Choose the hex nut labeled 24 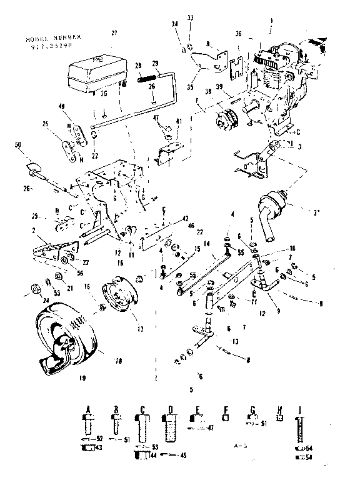pos(35,289)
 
